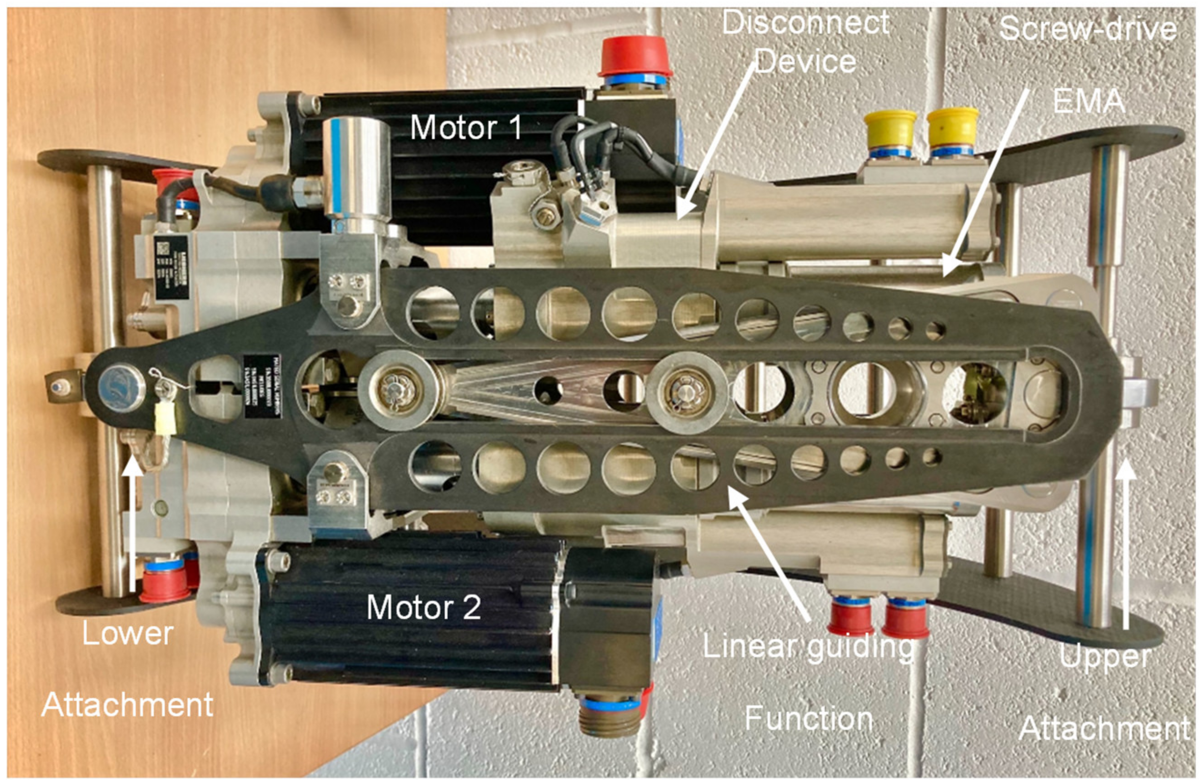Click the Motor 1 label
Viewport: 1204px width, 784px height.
[x=466, y=127]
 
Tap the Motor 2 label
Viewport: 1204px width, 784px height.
[x=424, y=607]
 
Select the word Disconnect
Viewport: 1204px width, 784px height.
[x=806, y=23]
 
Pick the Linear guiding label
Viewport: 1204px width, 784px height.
[x=808, y=647]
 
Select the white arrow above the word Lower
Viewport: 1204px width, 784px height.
[x=133, y=521]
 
